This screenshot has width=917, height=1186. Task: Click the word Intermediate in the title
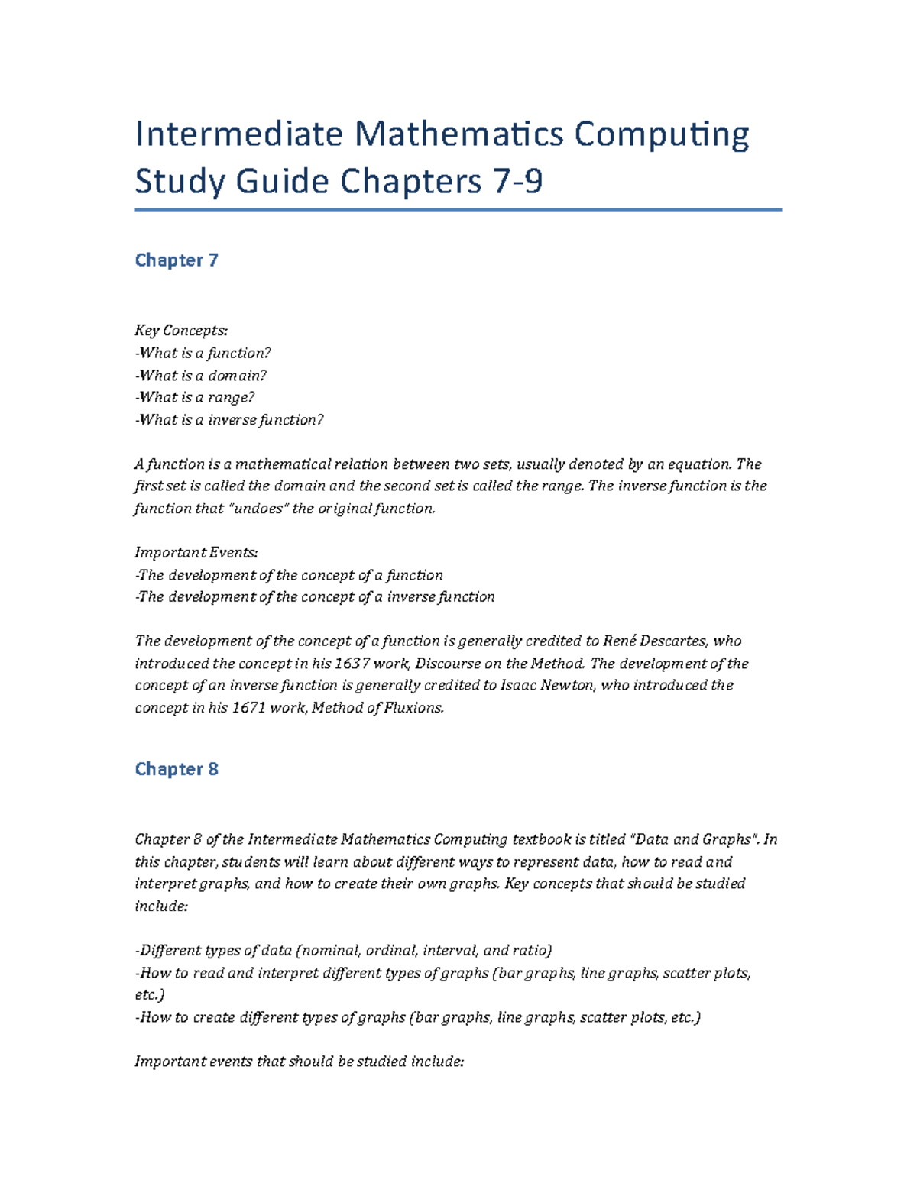(x=238, y=134)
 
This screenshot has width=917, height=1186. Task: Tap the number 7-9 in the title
(x=516, y=182)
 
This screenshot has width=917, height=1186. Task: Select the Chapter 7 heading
(x=177, y=260)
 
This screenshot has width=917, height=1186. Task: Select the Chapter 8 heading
(x=177, y=769)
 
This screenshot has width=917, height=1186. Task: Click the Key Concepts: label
(x=181, y=331)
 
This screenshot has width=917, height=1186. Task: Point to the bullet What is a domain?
(x=201, y=375)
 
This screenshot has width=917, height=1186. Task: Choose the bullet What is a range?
(x=195, y=397)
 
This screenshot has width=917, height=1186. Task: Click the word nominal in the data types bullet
(x=330, y=951)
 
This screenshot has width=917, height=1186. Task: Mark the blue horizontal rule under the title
(x=458, y=209)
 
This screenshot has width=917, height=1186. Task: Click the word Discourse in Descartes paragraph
(x=448, y=663)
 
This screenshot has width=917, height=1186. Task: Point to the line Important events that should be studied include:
(x=299, y=1062)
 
